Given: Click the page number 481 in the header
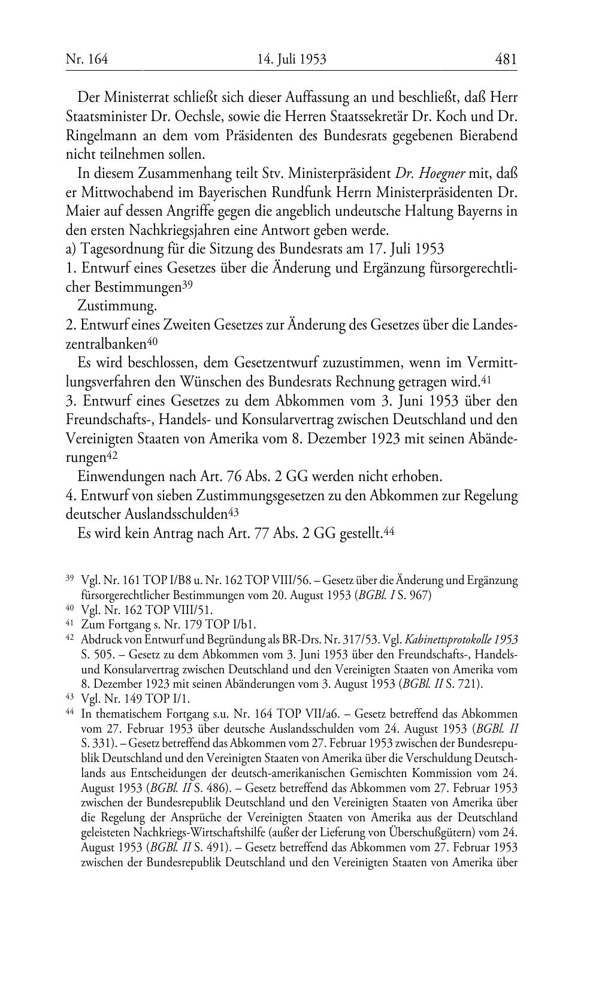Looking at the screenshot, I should [x=506, y=59].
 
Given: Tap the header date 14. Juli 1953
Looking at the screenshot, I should [x=292, y=59].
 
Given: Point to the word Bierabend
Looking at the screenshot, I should [x=488, y=135].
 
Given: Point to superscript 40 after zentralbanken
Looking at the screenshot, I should [x=152, y=342].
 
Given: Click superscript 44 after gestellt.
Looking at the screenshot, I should [x=388, y=530].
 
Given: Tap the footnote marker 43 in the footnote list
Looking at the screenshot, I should [x=69, y=698].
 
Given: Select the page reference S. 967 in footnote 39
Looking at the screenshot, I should [x=409, y=596].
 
